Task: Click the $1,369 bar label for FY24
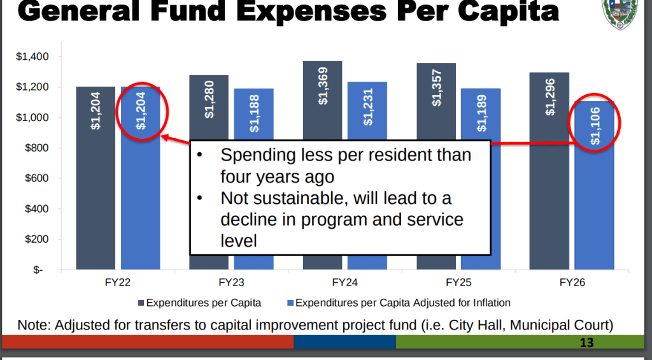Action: [x=323, y=85]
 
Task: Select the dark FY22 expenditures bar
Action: [x=96, y=191]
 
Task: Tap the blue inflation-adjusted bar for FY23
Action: [x=253, y=115]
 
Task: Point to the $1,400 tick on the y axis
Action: [x=32, y=57]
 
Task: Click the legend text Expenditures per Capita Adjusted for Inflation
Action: [x=403, y=303]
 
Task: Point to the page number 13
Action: [x=586, y=343]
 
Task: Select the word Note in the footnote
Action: [x=32, y=324]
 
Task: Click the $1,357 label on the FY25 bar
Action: [x=437, y=86]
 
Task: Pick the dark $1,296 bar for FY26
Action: [x=549, y=191]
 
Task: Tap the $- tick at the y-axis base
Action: [x=38, y=270]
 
